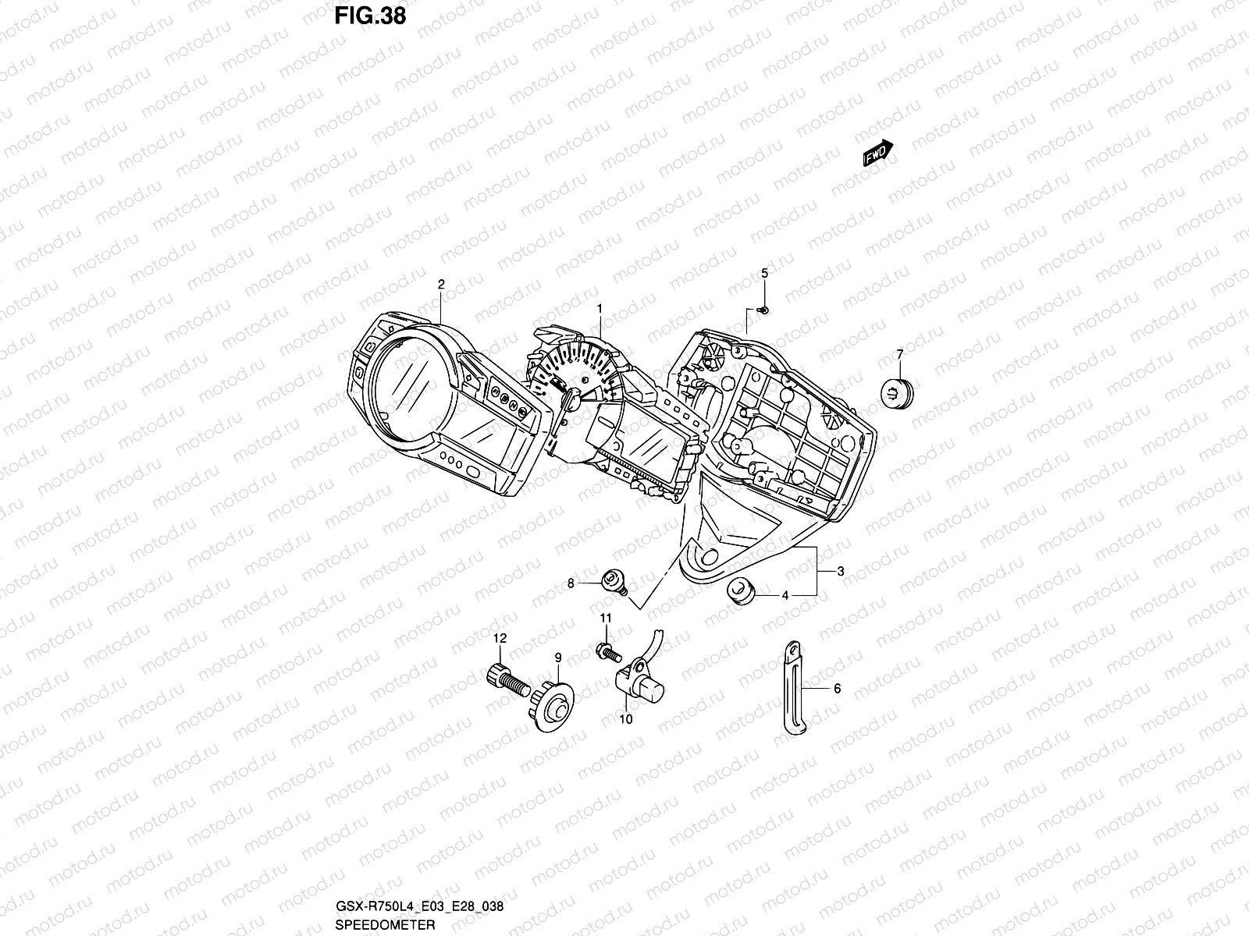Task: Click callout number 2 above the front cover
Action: (x=441, y=285)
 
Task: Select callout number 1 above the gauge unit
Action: (x=600, y=309)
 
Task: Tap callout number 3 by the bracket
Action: (x=841, y=572)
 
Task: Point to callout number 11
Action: (x=606, y=618)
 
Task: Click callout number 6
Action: (x=837, y=689)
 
